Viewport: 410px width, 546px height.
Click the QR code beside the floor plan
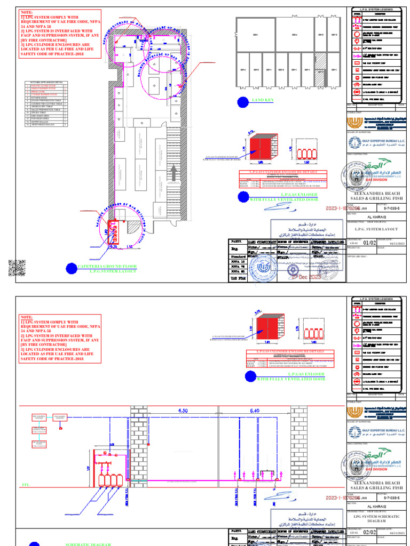pos(17,267)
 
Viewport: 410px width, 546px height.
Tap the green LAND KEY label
pos(263,100)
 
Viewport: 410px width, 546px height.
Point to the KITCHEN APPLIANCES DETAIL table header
pos(45,83)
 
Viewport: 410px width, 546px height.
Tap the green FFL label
pos(24,485)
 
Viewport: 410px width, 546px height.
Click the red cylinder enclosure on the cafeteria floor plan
pos(113,232)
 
